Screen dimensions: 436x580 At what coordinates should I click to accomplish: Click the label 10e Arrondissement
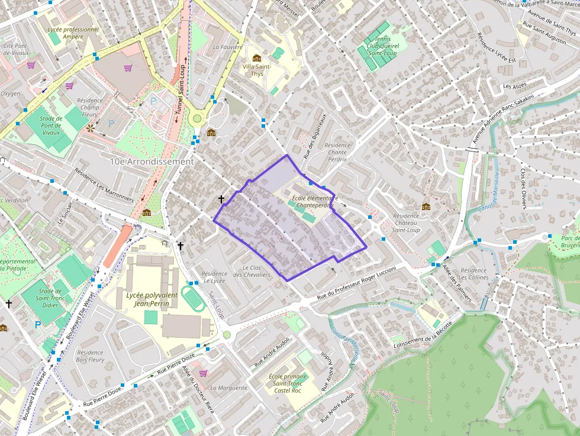coord(152,162)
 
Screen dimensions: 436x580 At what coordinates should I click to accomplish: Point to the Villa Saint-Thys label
coord(257,70)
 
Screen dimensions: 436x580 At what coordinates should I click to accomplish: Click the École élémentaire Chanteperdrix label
coord(314,202)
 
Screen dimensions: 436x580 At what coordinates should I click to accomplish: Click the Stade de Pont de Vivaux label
coord(51,125)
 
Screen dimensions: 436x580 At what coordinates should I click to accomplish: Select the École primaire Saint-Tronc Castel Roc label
coord(288,384)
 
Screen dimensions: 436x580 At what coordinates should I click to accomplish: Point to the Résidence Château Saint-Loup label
coord(405,223)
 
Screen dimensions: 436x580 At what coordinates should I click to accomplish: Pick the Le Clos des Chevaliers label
coord(252,271)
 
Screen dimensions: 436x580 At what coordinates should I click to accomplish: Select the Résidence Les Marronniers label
coord(104,185)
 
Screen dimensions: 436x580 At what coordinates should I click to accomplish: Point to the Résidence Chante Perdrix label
coord(337,152)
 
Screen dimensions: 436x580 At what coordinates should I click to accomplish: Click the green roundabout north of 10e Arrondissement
coord(197,119)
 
